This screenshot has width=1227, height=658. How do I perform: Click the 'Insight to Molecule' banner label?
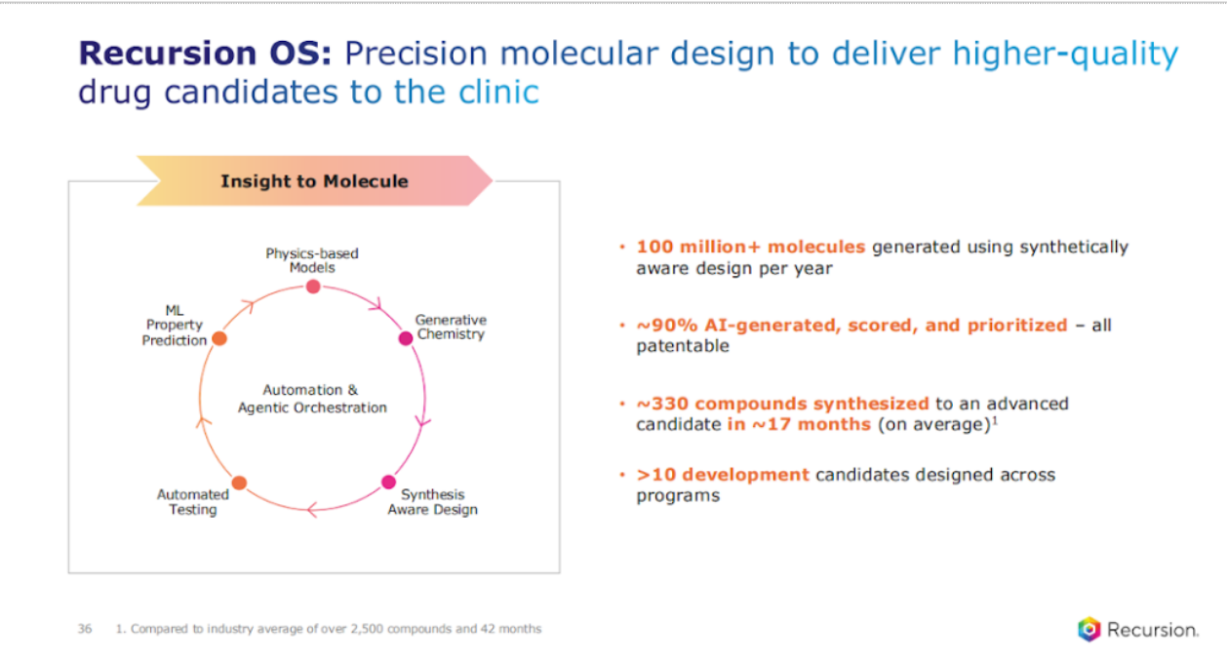(x=314, y=181)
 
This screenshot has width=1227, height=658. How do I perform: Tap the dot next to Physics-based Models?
(x=313, y=287)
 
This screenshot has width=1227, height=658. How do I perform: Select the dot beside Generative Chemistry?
(x=406, y=338)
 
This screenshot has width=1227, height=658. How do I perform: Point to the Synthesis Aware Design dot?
(x=388, y=482)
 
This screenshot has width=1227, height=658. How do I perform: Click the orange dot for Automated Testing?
(x=239, y=483)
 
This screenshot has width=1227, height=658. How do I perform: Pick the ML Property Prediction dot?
(x=219, y=338)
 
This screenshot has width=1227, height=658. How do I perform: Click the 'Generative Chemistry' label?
(x=451, y=327)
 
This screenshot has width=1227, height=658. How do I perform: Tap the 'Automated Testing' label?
(x=193, y=502)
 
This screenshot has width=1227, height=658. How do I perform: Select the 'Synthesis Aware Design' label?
(x=433, y=502)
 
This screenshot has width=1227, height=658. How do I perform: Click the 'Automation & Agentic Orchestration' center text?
(x=312, y=399)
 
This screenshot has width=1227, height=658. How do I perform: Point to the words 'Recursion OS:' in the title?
(x=206, y=53)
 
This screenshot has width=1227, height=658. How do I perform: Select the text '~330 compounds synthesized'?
(x=783, y=404)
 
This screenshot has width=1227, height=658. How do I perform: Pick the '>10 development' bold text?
(x=723, y=475)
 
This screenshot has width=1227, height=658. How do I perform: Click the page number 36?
(x=85, y=629)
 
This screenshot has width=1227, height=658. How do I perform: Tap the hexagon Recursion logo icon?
(x=1088, y=629)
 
